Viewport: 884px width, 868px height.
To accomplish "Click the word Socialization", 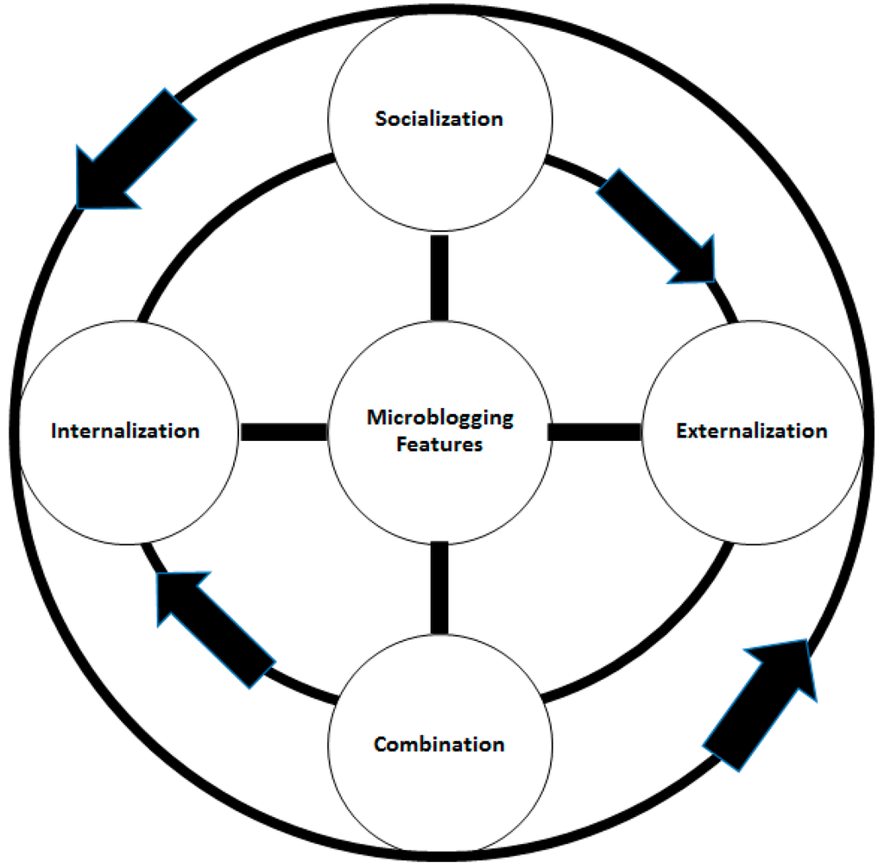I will point(439,119).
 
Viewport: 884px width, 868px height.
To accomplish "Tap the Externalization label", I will point(752,431).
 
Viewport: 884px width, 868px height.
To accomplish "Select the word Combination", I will point(439,744).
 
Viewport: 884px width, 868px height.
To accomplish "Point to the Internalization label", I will point(125,431).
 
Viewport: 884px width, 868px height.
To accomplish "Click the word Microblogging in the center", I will point(439,418).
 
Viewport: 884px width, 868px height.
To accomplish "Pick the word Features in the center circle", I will point(439,445).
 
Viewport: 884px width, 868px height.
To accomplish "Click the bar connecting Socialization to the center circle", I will point(439,277).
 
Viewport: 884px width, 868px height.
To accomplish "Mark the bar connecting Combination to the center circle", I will point(439,587).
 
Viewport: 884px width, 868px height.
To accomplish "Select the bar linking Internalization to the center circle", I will point(283,431).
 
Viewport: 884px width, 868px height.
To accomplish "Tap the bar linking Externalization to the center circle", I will point(595,431).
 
